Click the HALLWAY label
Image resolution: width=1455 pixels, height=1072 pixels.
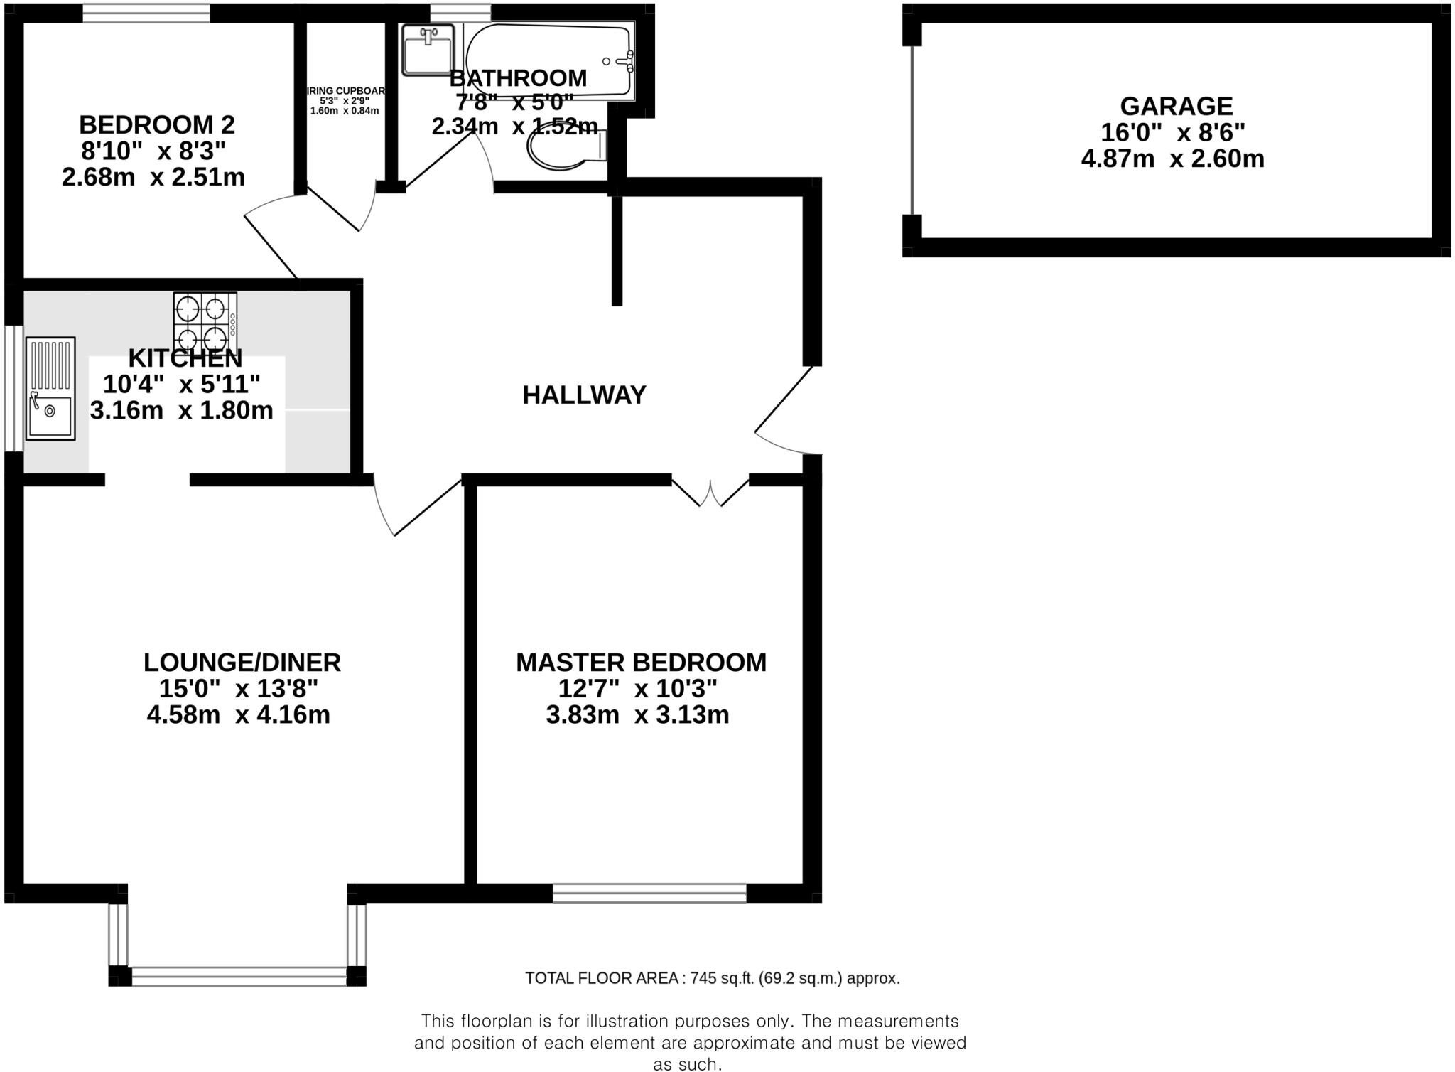[584, 395]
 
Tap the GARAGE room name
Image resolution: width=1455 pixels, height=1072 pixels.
[1176, 107]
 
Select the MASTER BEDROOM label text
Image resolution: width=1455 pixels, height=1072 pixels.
[641, 663]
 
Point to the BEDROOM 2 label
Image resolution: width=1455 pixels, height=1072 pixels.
[156, 125]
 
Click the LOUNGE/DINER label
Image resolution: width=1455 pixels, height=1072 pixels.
[242, 663]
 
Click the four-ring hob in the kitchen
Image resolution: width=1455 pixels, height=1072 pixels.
[205, 321]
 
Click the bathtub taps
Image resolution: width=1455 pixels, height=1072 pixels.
[626, 61]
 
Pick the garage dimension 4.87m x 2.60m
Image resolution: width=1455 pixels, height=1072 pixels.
[1172, 159]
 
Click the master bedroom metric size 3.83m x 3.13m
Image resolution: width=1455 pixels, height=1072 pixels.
[637, 714]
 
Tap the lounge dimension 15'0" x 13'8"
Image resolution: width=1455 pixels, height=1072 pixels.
[238, 688]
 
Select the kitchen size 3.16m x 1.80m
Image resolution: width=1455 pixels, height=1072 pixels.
[181, 410]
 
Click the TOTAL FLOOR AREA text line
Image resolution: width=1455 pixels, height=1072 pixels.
[712, 978]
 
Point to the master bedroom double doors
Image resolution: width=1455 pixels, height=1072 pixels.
[710, 492]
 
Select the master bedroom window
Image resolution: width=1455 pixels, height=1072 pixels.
[649, 893]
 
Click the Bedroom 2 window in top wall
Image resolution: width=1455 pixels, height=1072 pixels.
[146, 13]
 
